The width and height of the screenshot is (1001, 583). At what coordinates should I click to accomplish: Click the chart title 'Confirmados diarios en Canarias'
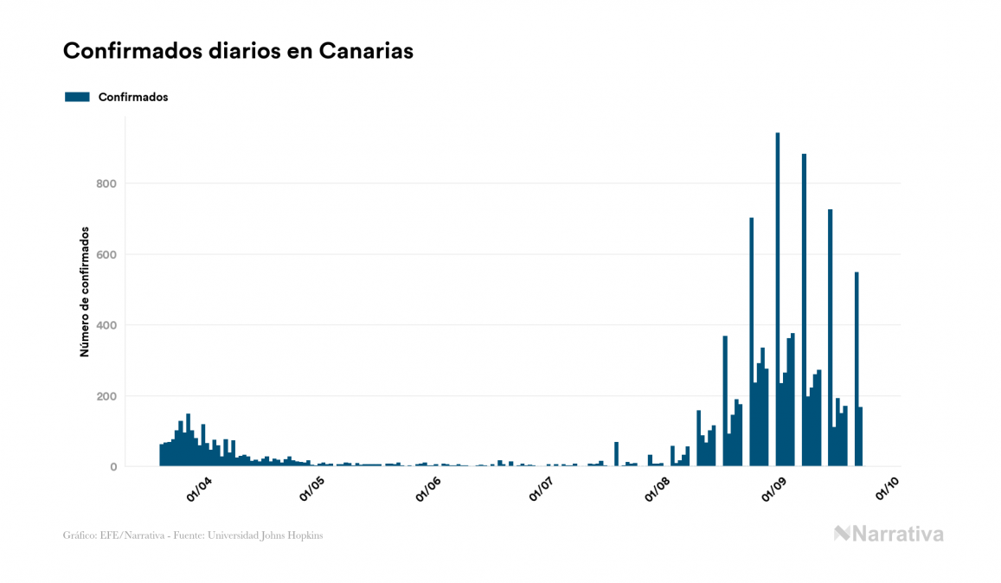[x=238, y=51]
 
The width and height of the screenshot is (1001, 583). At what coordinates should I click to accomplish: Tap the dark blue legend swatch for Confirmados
[x=77, y=97]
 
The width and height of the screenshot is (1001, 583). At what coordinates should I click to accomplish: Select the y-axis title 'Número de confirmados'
[x=85, y=292]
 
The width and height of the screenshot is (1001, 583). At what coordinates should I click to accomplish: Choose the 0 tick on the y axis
[x=112, y=467]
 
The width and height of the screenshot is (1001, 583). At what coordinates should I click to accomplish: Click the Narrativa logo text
[x=898, y=534]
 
